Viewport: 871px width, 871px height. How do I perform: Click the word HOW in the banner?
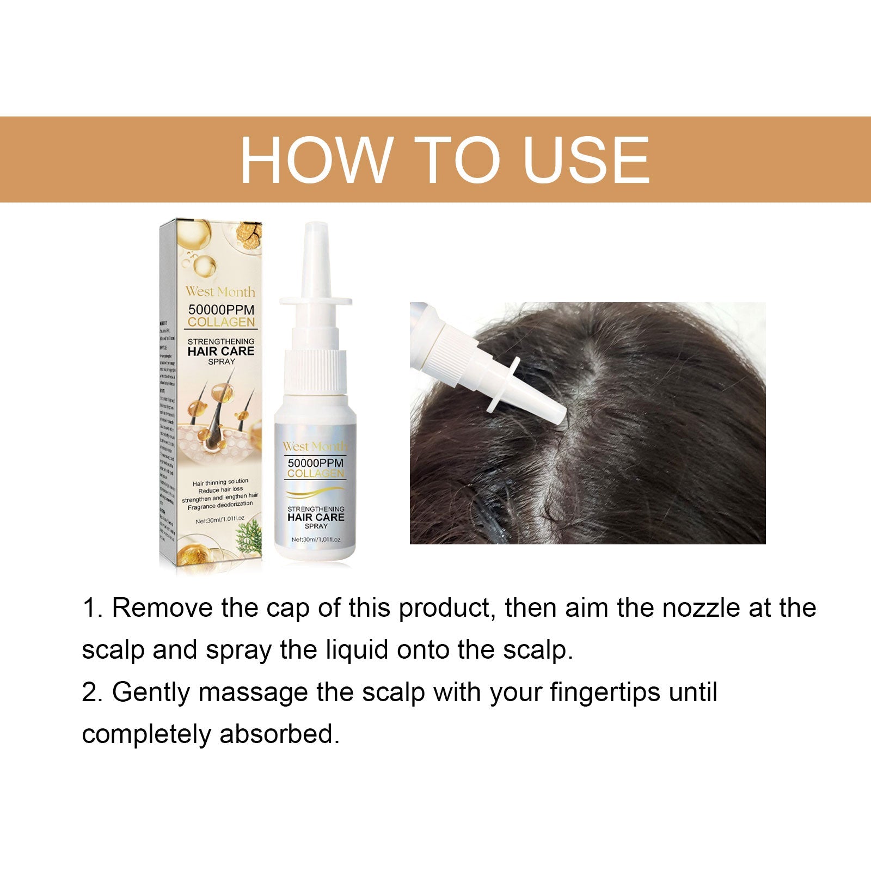pos(315,160)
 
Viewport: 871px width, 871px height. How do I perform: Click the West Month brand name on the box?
pos(220,292)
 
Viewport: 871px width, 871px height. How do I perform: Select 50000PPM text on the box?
pos(221,309)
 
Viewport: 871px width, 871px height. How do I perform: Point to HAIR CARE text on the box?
pos(221,351)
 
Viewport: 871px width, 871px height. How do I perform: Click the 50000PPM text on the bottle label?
pos(316,463)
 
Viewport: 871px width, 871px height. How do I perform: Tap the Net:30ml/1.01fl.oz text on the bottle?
pos(316,539)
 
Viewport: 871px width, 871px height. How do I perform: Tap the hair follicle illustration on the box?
pos(218,419)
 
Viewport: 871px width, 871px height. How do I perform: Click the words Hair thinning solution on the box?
pos(220,482)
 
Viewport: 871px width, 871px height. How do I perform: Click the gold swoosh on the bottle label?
pos(316,493)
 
